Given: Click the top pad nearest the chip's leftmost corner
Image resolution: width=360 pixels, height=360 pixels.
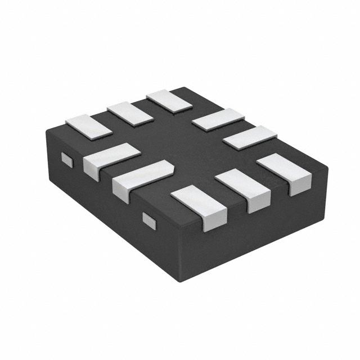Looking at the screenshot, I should (89, 126).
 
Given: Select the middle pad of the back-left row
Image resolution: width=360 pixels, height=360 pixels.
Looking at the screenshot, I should (130, 113).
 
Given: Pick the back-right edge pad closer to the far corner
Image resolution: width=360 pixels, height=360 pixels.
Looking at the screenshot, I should (218, 120).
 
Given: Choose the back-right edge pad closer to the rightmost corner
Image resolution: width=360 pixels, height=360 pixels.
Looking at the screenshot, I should (250, 137).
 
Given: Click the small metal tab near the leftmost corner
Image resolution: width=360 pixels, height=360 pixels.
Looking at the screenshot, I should (67, 160).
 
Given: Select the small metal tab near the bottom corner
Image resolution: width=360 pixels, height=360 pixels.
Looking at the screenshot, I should (148, 220).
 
